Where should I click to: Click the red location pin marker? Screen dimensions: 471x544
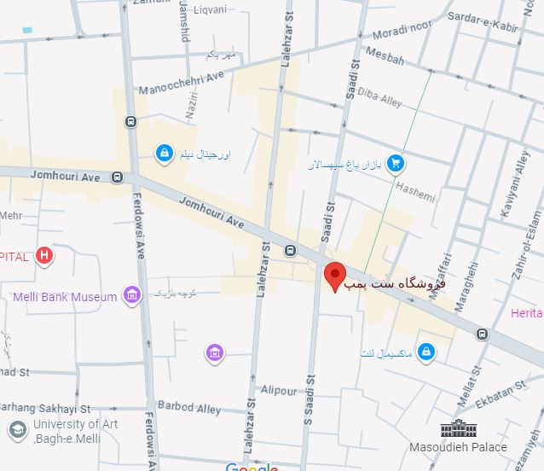coord(335,276)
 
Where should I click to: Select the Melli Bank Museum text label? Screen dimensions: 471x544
coord(64,297)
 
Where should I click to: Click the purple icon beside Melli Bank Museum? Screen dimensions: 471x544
coord(131,295)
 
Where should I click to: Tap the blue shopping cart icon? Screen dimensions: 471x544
coord(395,162)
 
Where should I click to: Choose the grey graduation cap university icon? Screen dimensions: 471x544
coord(16,429)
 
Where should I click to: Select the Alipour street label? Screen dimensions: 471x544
coord(279,391)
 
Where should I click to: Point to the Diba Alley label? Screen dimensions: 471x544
coord(379,96)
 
